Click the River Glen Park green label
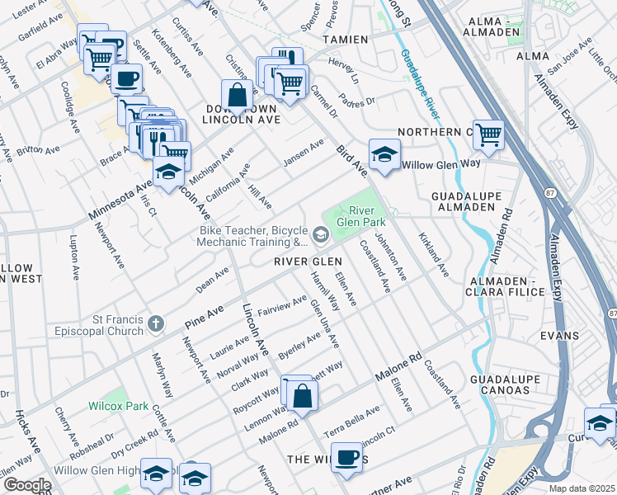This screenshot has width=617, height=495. click(367, 217)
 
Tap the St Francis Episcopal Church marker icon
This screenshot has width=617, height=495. click(155, 328)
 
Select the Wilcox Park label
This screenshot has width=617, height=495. click(119, 407)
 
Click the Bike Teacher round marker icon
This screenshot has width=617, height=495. click(320, 236)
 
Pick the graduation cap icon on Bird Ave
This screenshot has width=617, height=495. click(383, 154)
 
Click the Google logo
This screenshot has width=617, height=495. click(26, 485)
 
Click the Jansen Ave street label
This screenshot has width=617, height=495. click(304, 152)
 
